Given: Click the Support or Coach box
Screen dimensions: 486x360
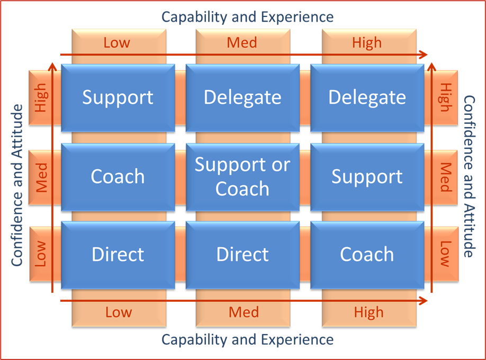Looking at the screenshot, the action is point(242,177).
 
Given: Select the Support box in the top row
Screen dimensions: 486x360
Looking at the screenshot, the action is point(118,98).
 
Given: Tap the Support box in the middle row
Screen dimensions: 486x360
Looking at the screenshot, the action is point(367,177).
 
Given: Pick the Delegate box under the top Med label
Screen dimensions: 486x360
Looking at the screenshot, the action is point(242,98).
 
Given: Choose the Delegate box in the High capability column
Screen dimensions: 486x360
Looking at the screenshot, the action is point(367,98).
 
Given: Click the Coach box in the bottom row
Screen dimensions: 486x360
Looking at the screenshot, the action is point(367,255).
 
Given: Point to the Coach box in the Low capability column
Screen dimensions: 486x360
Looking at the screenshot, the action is point(118,177).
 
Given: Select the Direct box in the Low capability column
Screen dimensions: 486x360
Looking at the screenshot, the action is point(118,255).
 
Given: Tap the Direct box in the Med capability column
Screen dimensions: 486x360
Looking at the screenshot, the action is point(242,255).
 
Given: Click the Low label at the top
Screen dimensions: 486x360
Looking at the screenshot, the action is point(117,43).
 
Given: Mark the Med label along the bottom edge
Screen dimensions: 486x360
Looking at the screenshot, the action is point(244,312).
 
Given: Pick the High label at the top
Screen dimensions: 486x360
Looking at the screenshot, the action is point(367,43).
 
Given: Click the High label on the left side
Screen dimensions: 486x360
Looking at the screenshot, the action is point(41,97).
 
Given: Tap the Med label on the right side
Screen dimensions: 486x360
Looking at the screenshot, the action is point(445,177).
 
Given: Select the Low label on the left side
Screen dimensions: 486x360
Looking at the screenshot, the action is point(41,254).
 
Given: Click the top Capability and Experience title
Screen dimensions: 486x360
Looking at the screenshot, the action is point(248,17).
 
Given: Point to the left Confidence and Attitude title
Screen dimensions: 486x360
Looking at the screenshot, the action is point(17,185).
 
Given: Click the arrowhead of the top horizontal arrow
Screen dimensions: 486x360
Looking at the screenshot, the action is point(424,55).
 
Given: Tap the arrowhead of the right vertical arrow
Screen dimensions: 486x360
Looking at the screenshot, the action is point(432,67).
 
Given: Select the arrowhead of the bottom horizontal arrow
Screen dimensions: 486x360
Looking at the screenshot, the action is point(424,301).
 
